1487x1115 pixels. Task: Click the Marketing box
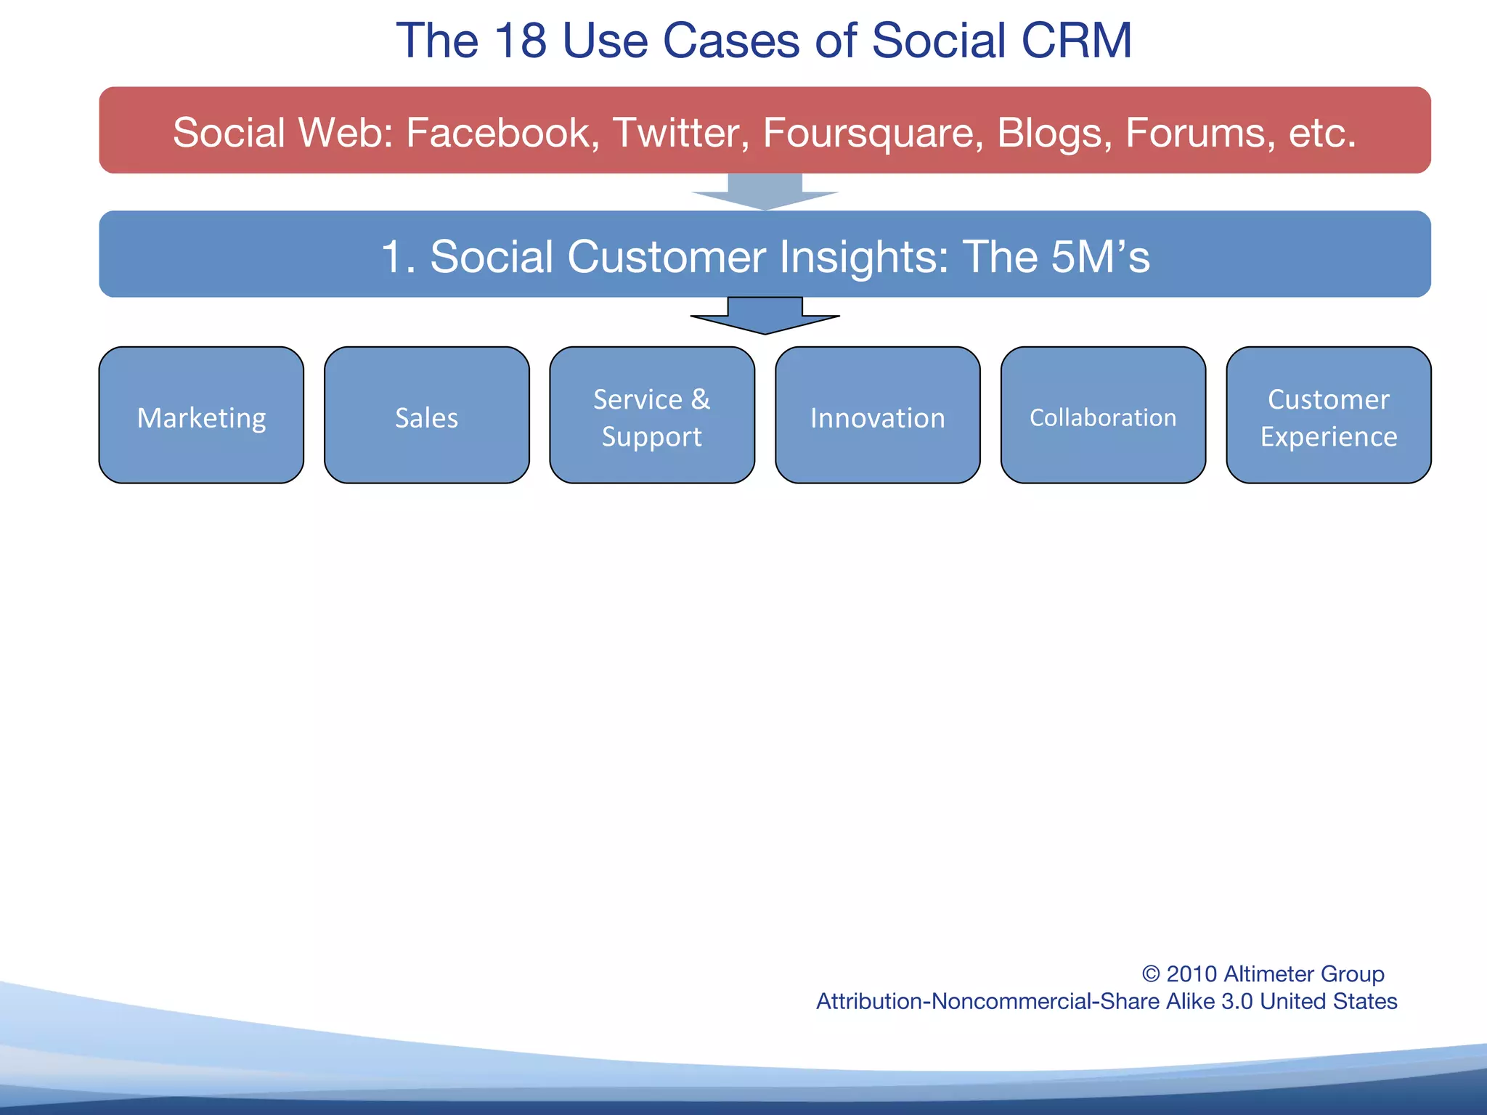coord(201,415)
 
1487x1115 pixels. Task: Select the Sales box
coord(426,415)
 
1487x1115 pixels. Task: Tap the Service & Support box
coord(651,415)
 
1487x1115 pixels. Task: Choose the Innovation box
coord(877,415)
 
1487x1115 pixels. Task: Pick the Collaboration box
coord(1103,415)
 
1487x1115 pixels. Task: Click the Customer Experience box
coord(1328,415)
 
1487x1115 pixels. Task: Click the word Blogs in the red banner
coord(1054,133)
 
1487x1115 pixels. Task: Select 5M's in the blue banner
coord(1099,256)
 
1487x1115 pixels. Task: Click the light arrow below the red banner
coord(765,192)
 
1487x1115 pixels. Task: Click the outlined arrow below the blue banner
coord(765,316)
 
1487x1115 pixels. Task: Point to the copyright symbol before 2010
coord(1151,974)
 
